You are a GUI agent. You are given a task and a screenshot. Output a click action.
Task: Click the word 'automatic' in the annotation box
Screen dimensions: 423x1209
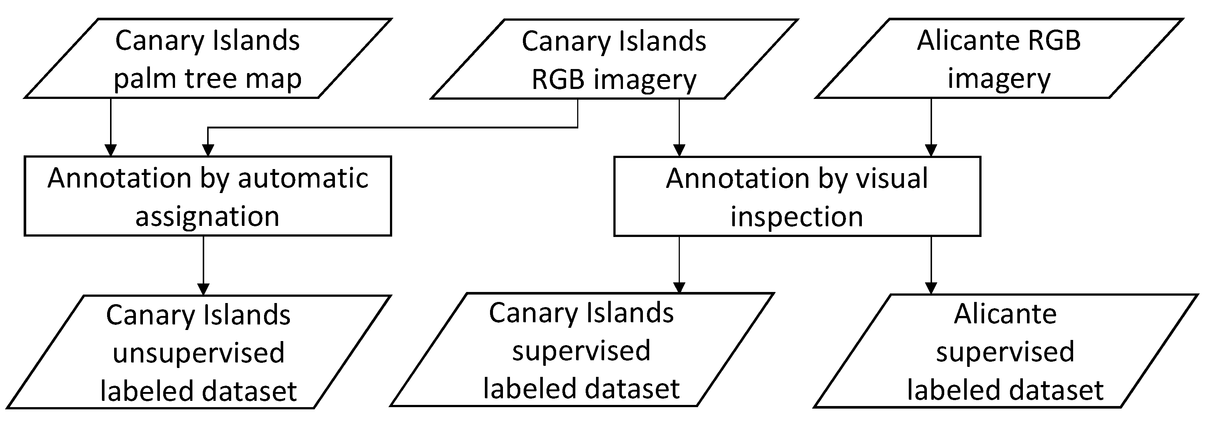(x=303, y=178)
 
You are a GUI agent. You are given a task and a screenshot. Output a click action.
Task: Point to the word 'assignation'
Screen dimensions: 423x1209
(x=208, y=216)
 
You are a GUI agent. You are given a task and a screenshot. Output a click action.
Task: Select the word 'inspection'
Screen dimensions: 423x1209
(x=797, y=217)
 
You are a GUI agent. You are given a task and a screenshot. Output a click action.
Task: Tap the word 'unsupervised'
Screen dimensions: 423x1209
(x=199, y=352)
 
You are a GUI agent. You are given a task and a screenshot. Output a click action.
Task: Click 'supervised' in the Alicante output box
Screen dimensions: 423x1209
(x=1005, y=351)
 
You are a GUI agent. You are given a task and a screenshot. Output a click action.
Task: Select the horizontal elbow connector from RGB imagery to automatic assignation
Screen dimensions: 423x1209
(x=393, y=127)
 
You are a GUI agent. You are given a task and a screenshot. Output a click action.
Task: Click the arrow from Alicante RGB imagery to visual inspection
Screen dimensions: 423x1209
(x=931, y=127)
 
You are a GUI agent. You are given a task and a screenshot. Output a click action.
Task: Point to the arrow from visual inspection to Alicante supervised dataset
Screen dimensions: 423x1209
(x=931, y=265)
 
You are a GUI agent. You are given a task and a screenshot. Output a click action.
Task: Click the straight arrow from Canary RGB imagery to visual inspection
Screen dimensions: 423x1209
(x=679, y=127)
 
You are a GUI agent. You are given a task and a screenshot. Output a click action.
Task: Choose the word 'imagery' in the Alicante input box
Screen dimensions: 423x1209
(x=999, y=78)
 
